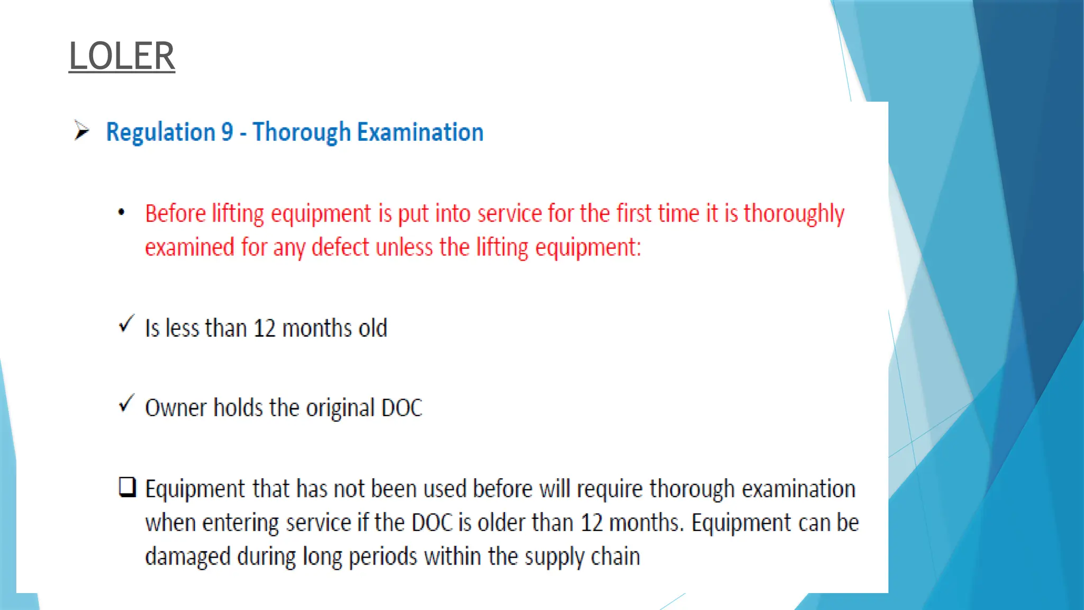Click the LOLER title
(122, 56)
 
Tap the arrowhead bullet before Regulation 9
(81, 130)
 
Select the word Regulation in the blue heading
(161, 132)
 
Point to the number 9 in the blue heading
(227, 132)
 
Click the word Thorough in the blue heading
(301, 132)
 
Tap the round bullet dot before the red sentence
(122, 212)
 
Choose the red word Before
(175, 213)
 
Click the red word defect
(340, 247)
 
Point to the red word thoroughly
(794, 214)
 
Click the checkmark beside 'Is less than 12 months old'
(127, 323)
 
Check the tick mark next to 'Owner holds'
(127, 403)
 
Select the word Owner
(176, 408)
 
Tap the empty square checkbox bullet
(127, 487)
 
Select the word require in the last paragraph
(609, 489)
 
